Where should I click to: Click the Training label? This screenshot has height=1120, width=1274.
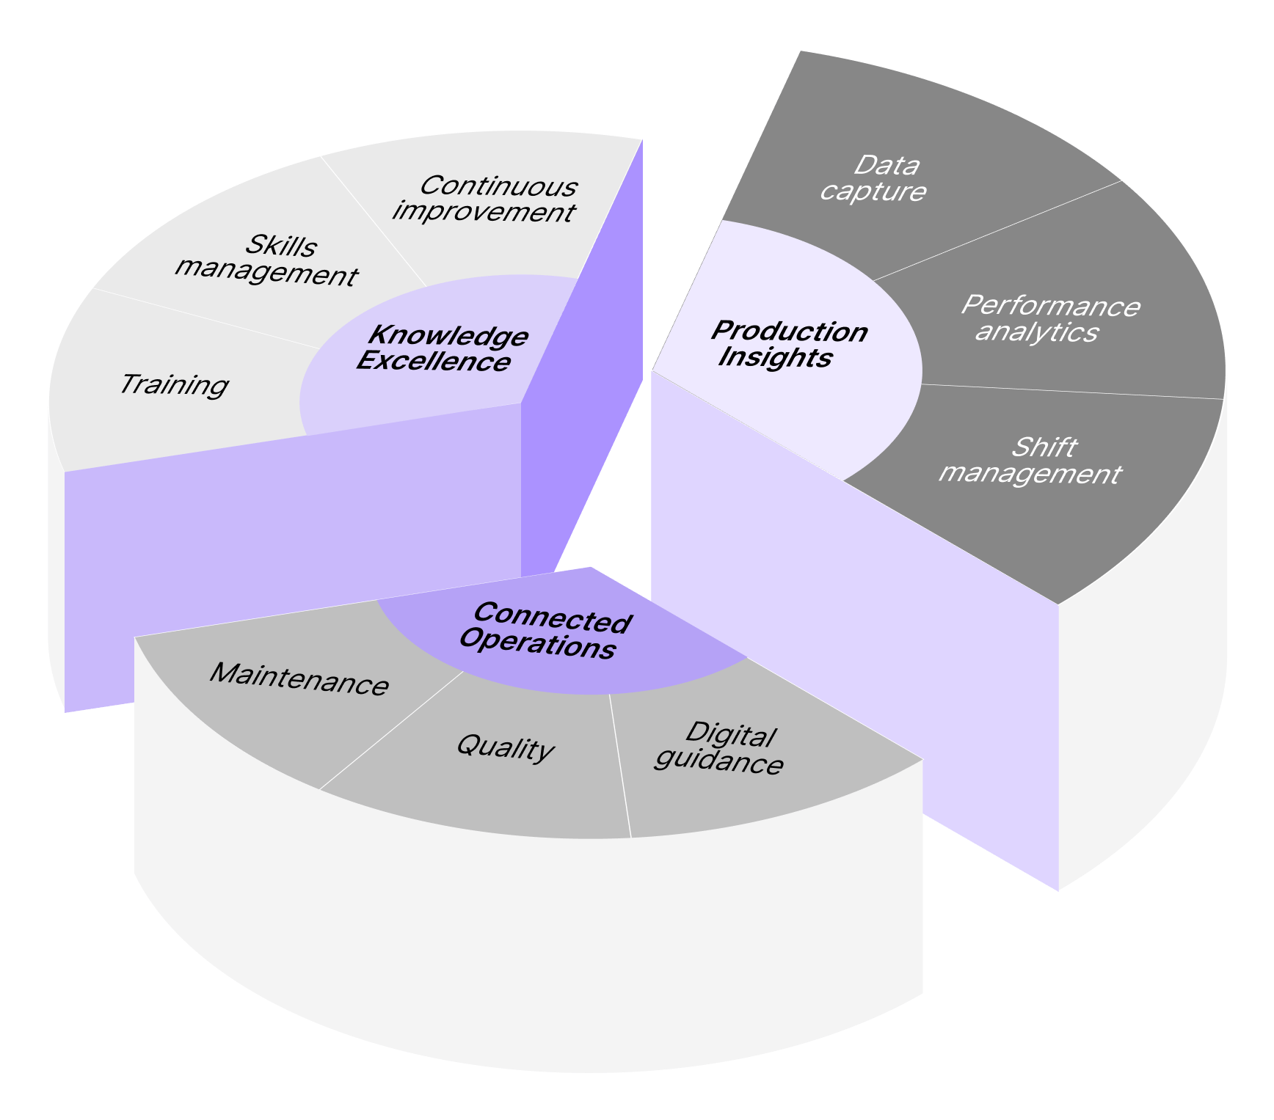[x=174, y=384]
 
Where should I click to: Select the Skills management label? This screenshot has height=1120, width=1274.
[x=266, y=260]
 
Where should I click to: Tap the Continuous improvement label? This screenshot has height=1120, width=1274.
[x=485, y=199]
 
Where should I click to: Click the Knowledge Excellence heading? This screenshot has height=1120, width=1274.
[x=442, y=348]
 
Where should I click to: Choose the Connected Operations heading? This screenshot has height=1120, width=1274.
[x=545, y=632]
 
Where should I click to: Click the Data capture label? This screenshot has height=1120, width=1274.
[x=873, y=178]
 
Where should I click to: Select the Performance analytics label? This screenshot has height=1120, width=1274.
[x=1049, y=318]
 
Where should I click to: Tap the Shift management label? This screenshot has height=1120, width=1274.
[x=1030, y=461]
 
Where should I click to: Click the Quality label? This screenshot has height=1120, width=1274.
[x=505, y=747]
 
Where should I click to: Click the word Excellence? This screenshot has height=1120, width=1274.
[x=434, y=362]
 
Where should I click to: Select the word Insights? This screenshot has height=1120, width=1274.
[x=775, y=357]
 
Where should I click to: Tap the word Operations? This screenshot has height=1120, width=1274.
[x=537, y=645]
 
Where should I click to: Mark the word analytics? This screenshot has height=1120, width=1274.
[x=1036, y=332]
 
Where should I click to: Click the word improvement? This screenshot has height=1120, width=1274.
[x=484, y=212]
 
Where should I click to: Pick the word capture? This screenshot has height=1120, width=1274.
[x=873, y=191]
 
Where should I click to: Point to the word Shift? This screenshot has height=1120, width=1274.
[x=1044, y=447]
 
